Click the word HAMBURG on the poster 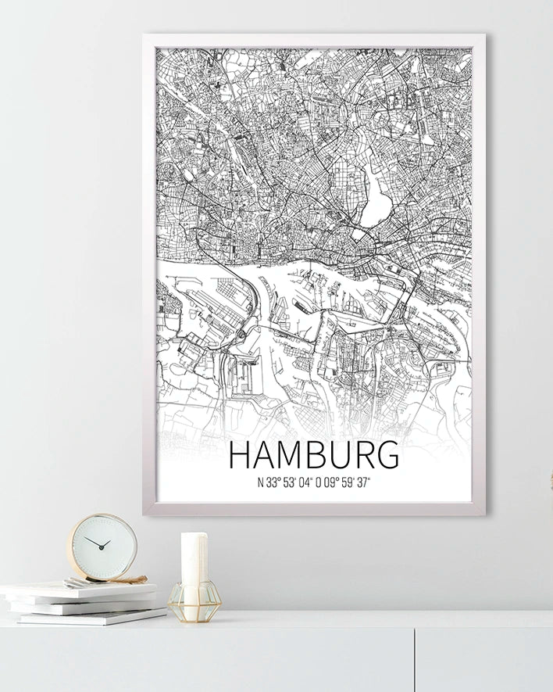point(314,455)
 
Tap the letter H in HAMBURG point(240,455)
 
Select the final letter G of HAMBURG point(387,455)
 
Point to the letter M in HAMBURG point(287,455)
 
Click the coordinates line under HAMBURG point(314,482)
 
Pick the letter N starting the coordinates point(260,482)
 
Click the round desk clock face point(102,546)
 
